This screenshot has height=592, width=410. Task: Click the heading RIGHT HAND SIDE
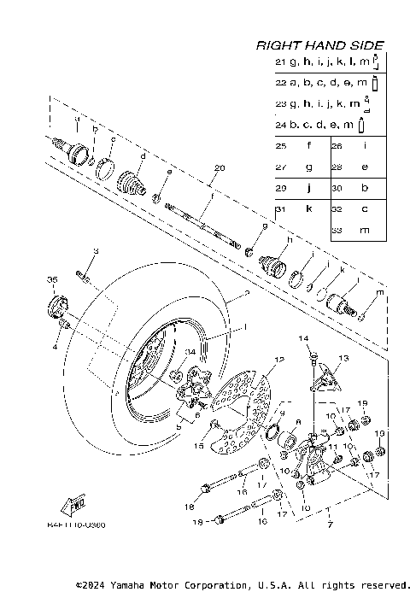point(319,45)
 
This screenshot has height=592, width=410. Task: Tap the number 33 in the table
point(337,231)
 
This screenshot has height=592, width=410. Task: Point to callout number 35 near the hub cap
point(51,280)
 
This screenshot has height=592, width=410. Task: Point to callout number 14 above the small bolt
point(301,339)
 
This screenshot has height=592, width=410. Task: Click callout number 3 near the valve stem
point(96,250)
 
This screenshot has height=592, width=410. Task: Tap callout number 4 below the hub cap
point(55,348)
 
